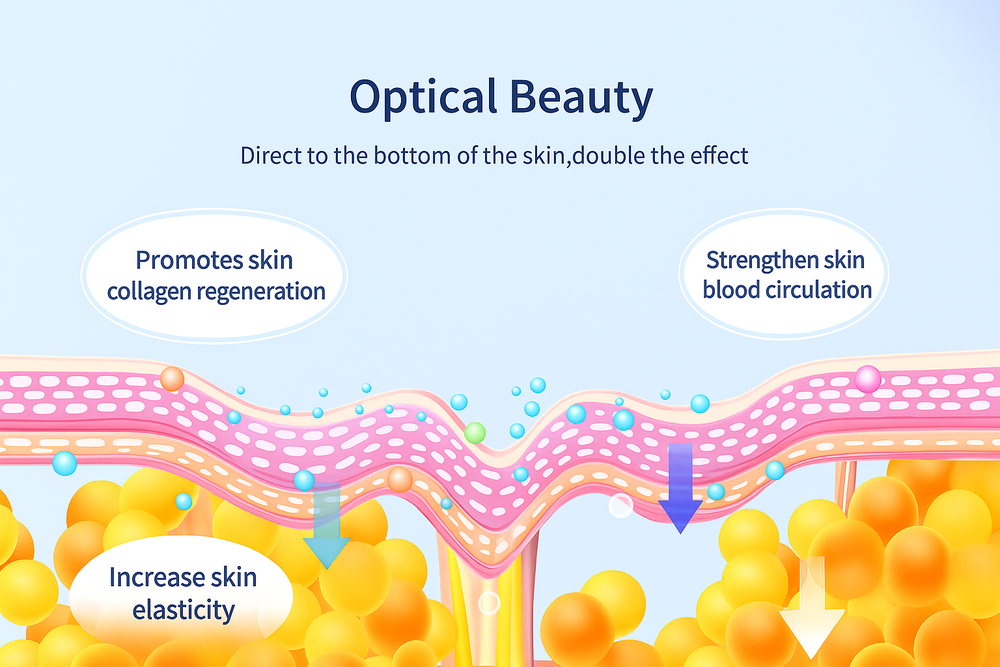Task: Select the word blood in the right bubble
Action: [732, 290]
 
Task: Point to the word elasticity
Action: [184, 610]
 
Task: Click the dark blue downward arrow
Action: [680, 489]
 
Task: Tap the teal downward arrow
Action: [326, 526]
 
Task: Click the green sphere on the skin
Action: [475, 433]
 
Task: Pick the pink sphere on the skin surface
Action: [868, 379]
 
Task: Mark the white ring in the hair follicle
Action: [490, 603]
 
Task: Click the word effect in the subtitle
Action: [719, 156]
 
